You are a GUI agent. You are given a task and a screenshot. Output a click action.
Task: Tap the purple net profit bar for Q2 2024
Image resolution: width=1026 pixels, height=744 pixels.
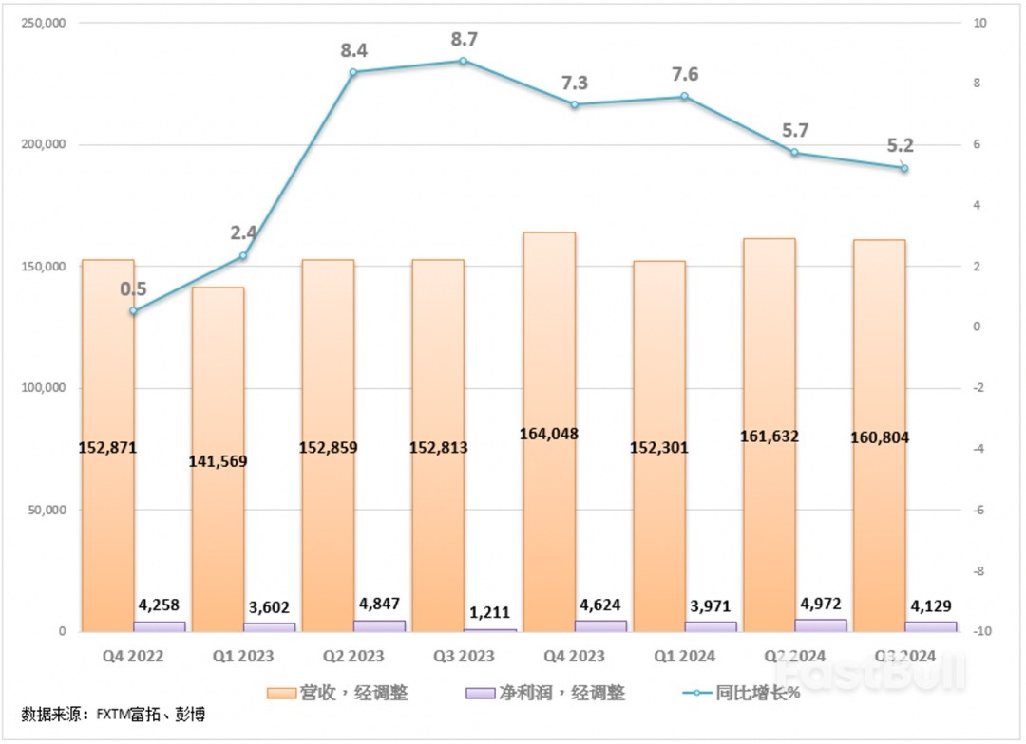click(821, 625)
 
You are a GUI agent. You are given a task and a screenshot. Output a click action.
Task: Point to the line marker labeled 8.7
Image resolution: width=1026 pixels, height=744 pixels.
click(463, 61)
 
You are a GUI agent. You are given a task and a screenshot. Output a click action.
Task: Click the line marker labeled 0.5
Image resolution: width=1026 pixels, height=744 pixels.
click(133, 311)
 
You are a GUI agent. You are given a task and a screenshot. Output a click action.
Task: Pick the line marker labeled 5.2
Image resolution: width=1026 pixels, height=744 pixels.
click(904, 169)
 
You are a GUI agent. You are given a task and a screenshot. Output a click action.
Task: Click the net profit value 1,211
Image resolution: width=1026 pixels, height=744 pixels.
click(489, 607)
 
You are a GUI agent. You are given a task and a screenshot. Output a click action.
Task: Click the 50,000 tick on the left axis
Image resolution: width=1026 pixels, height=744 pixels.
click(42, 510)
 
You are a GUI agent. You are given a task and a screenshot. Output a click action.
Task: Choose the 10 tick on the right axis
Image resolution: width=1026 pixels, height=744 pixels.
click(977, 23)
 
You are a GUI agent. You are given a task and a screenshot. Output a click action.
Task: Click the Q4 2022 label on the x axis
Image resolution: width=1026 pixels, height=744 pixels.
click(133, 657)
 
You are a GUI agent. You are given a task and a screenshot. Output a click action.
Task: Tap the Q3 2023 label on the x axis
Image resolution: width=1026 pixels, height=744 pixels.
click(463, 657)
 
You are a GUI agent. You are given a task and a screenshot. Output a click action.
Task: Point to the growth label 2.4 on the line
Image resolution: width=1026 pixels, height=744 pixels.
click(243, 232)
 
